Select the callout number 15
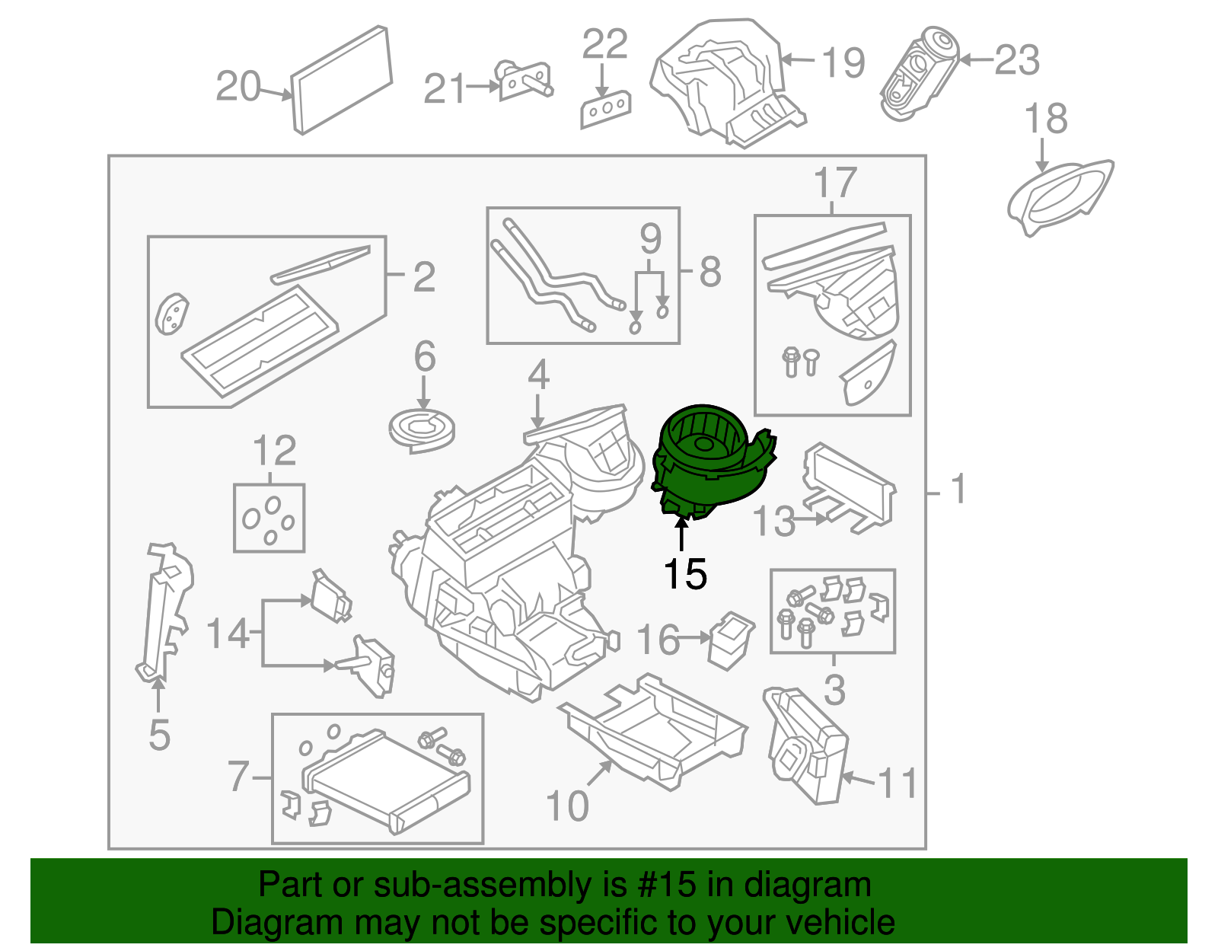[685, 573]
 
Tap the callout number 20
[238, 86]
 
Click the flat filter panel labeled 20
[341, 80]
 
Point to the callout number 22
[604, 43]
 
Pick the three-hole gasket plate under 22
[605, 110]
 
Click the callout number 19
[843, 62]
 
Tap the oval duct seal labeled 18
[1060, 197]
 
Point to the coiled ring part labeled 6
[422, 430]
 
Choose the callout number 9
[650, 239]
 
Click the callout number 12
[274, 450]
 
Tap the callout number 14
[228, 633]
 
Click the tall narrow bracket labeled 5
[164, 612]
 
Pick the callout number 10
[566, 806]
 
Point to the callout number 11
[897, 783]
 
